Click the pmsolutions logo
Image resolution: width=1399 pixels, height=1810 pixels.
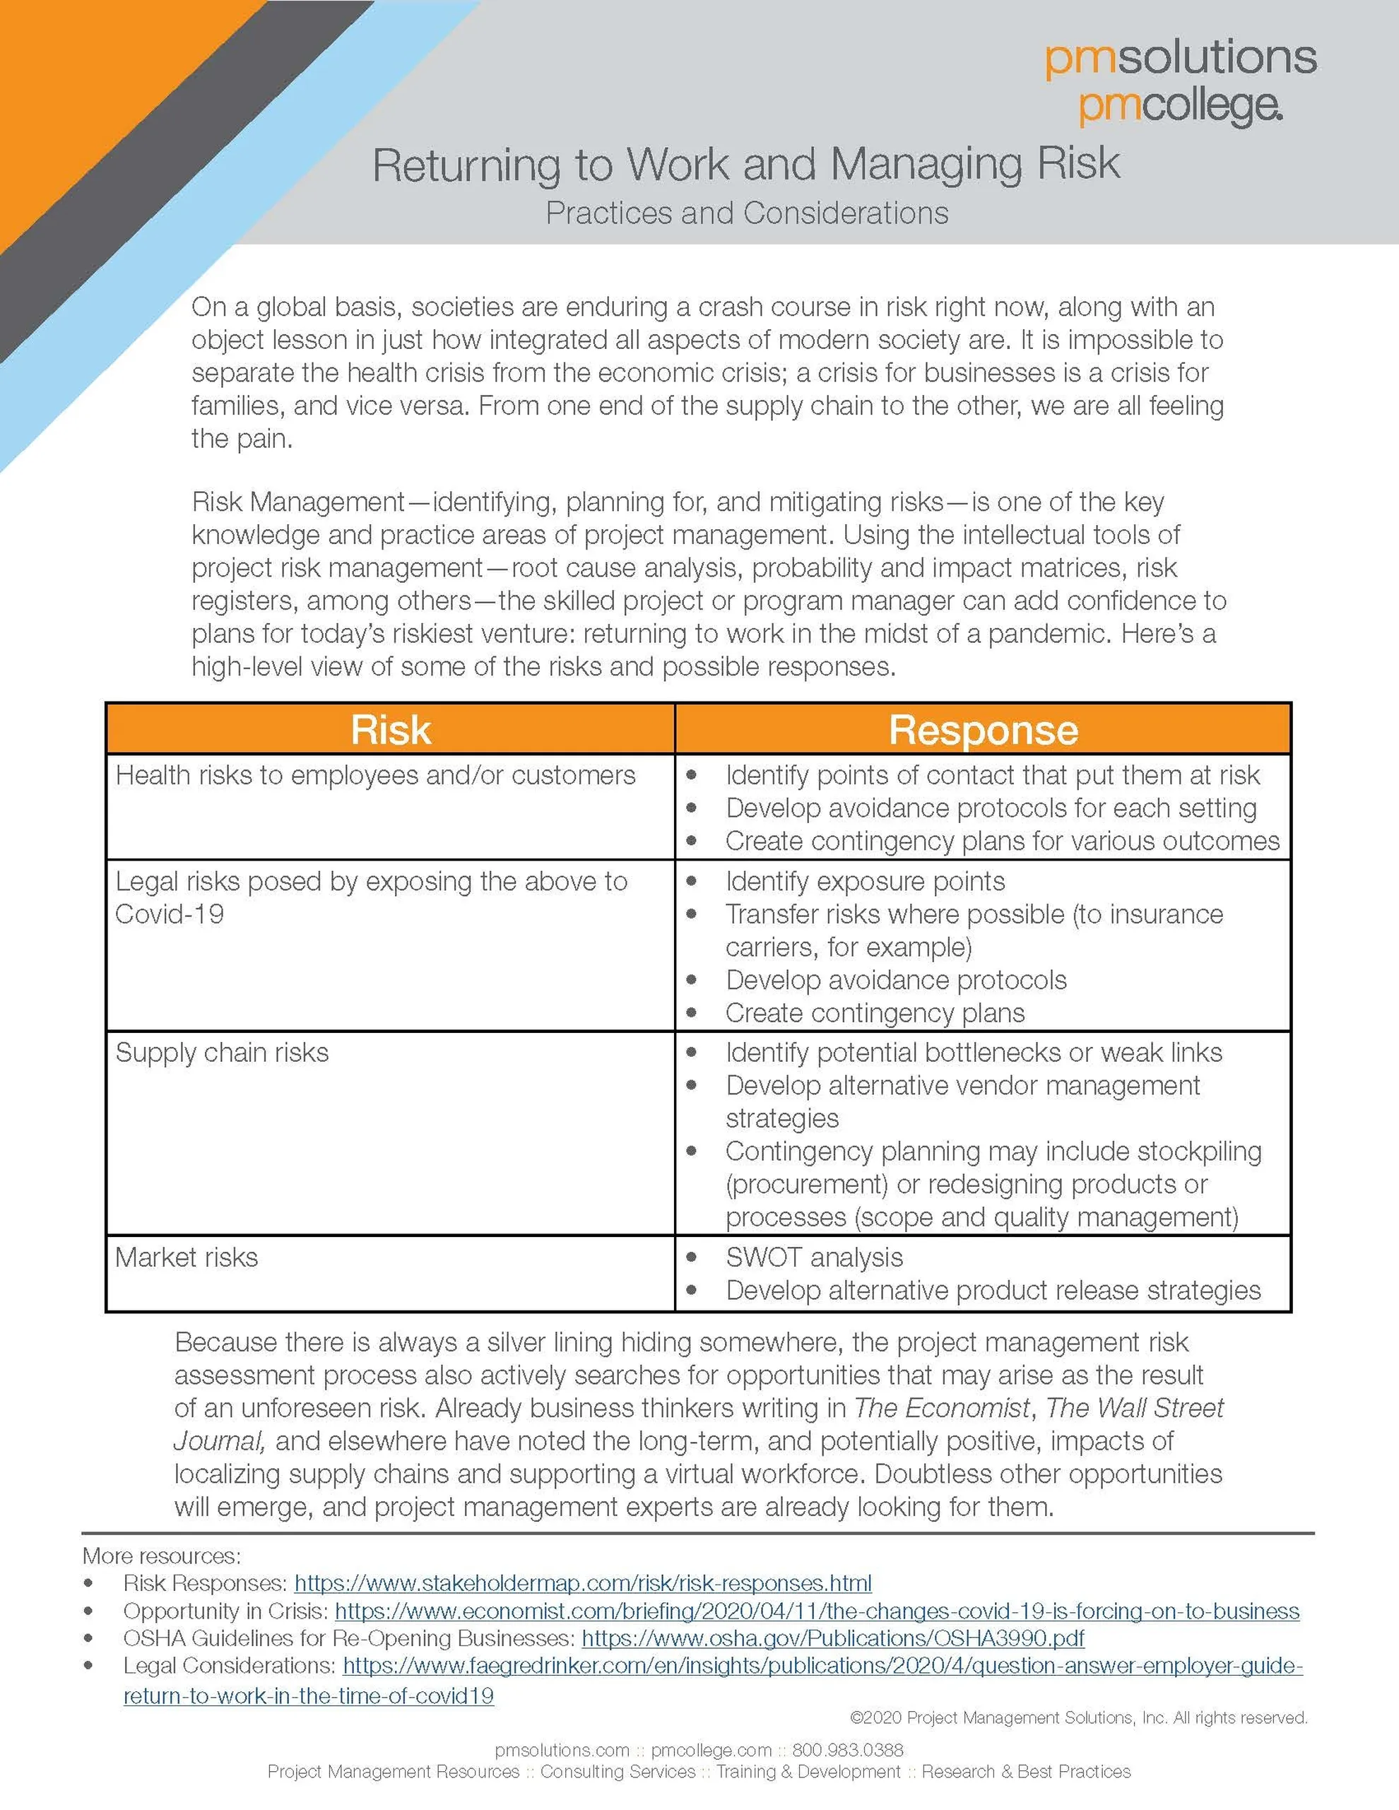pos(1179,58)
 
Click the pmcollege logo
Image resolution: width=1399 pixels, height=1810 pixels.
pos(1179,106)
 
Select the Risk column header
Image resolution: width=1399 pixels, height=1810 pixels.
pos(390,730)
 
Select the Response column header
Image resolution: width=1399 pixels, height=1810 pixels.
pos(983,730)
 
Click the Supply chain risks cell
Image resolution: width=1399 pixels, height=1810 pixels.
pos(222,1053)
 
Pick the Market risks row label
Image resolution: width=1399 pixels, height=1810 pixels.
pos(187,1258)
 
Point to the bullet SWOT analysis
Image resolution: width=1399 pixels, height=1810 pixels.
pos(814,1258)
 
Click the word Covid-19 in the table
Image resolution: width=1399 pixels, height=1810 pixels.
pos(169,914)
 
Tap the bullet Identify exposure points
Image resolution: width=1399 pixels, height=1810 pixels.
pos(864,881)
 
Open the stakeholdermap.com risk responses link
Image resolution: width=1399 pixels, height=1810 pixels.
pos(583,1583)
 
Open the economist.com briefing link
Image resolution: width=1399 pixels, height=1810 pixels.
pos(816,1611)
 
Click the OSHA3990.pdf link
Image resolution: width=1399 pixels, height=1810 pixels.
pos(833,1638)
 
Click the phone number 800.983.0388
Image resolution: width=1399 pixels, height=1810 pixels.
pos(847,1749)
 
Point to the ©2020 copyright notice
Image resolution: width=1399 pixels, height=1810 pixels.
pos(1078,1718)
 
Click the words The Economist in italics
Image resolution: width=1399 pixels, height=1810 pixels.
pos(942,1408)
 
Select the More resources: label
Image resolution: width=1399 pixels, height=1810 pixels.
pos(162,1556)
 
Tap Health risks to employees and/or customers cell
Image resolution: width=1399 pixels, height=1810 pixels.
pos(375,776)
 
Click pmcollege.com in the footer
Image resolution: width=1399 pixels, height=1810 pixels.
pos(711,1749)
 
